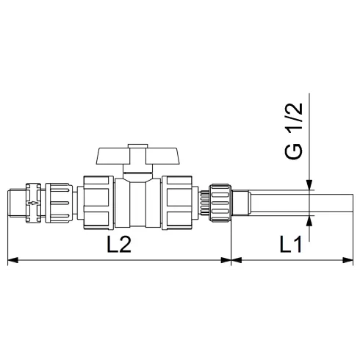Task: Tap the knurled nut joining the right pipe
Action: pos(219,201)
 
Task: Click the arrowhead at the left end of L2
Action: pos(12,259)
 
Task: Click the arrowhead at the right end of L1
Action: pos(350,259)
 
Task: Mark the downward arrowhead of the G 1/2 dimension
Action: pos(311,187)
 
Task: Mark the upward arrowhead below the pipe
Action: pos(311,220)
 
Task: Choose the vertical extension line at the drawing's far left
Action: pos(7,235)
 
